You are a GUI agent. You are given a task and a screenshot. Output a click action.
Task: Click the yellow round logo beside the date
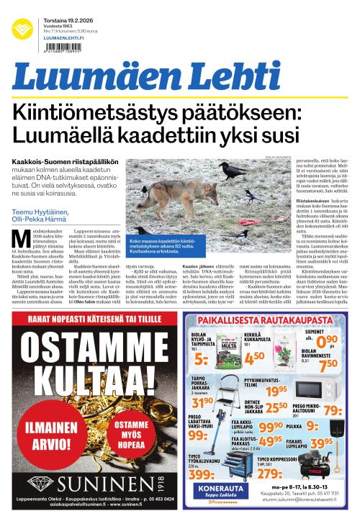coord(22,29)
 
